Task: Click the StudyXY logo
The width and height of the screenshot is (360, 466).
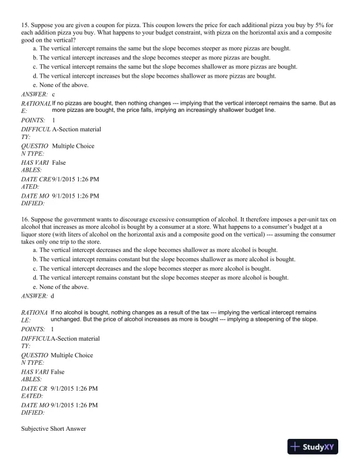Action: (318, 447)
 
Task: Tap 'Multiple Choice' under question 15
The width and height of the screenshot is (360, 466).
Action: (73, 146)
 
